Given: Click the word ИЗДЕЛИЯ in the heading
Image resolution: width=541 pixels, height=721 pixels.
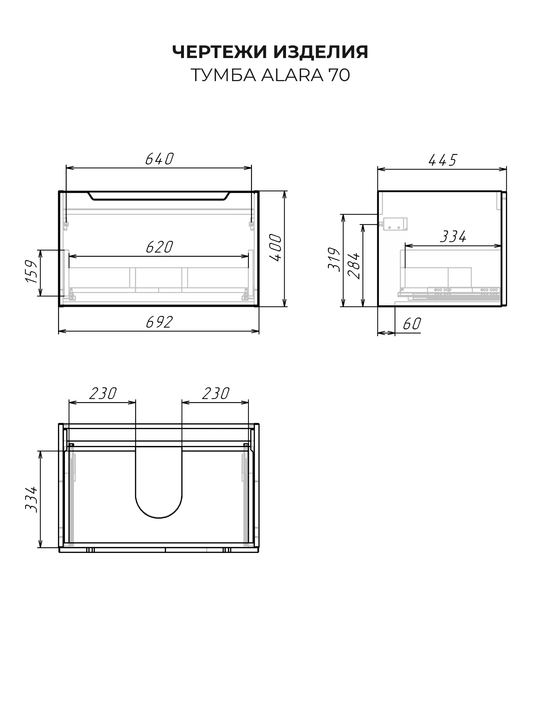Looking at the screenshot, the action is pos(321,52).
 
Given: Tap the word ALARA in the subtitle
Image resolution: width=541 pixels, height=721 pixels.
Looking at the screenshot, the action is pos(292,75).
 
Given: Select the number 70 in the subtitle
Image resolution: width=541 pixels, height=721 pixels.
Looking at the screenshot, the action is pos(339,75).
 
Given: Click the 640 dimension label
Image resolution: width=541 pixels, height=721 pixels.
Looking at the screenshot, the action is pos(160,159).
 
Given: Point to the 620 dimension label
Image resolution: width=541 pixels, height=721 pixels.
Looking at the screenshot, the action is pos(159,247).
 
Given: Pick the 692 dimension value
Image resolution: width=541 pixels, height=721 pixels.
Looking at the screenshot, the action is pos(159,322).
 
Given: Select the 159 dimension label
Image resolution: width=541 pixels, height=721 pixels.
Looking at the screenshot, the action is pos(32,271).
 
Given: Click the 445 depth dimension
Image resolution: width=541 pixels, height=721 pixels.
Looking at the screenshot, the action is pos(443,160).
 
